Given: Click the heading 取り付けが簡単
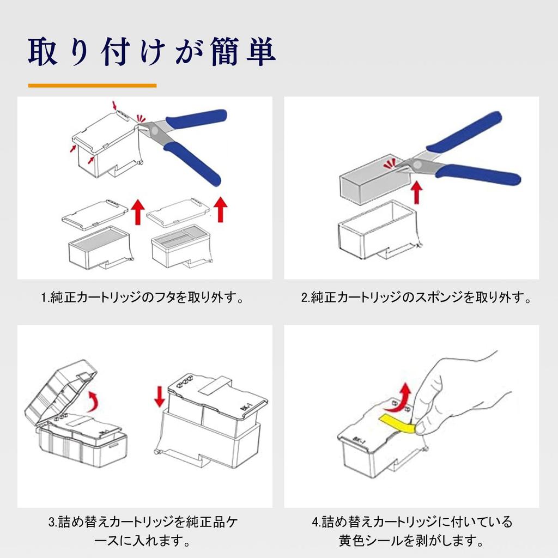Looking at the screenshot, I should [151, 51].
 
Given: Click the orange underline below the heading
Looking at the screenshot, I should [92, 86].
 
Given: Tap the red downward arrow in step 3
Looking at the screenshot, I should [159, 395].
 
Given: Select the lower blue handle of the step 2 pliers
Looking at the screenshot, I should [480, 177].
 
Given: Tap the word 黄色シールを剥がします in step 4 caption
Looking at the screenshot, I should [412, 542].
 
